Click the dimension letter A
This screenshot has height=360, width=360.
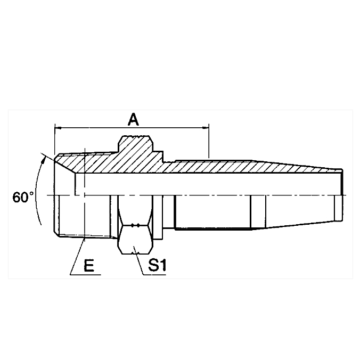[133, 119]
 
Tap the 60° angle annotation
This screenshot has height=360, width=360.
[23, 197]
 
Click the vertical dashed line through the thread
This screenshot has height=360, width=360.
[85, 213]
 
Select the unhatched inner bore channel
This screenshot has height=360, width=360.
[213, 184]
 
